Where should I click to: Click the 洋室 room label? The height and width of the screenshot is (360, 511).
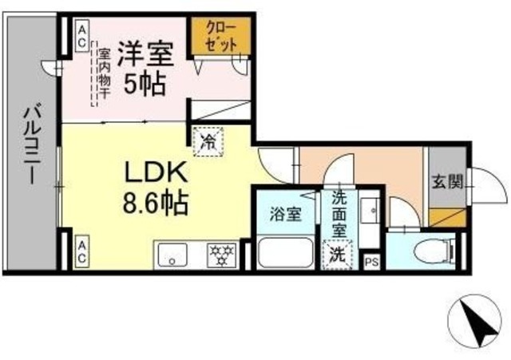(145, 55)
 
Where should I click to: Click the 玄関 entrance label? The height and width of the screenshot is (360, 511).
(448, 181)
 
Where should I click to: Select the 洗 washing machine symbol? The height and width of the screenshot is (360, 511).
(338, 255)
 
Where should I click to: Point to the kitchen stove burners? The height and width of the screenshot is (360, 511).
(220, 255)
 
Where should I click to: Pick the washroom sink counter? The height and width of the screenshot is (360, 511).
(368, 217)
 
